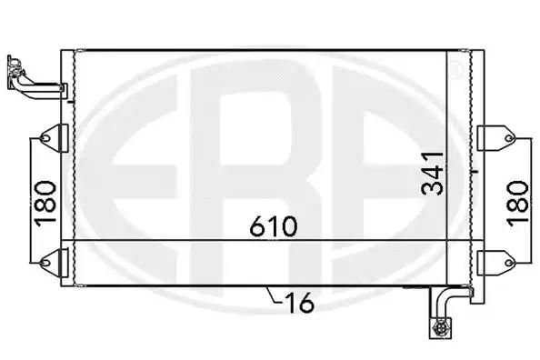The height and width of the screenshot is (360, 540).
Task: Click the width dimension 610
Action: (273, 226)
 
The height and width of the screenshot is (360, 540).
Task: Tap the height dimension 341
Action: (433, 174)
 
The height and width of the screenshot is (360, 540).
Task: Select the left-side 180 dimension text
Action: (45, 204)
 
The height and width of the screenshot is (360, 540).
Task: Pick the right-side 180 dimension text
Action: (517, 204)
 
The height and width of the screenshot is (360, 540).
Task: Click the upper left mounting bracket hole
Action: (45, 138)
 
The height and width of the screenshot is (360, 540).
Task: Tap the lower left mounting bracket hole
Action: (45, 263)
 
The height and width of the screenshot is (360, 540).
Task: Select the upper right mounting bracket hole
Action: (509, 138)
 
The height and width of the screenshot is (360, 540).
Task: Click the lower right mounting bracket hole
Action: (509, 263)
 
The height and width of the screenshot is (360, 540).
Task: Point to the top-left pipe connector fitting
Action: (15, 66)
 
